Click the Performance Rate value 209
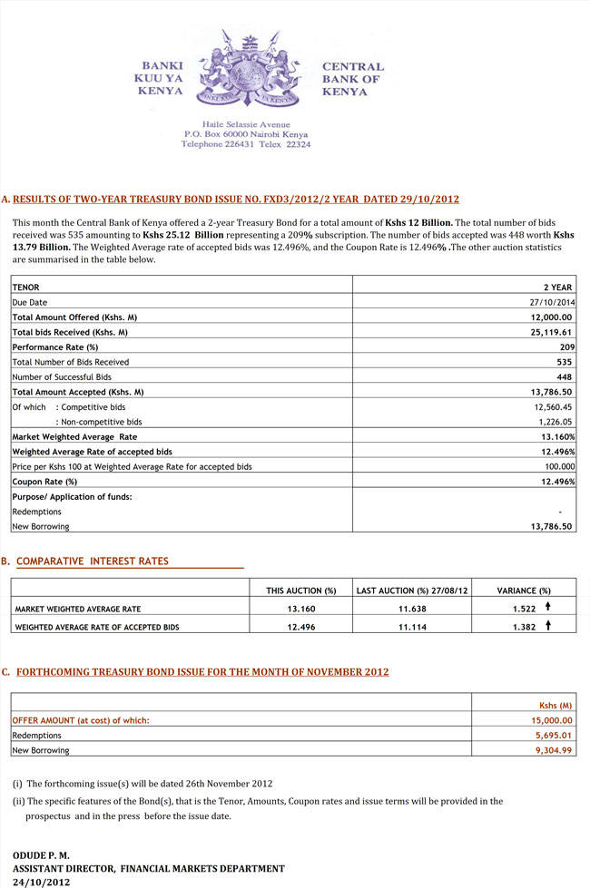tap(566, 347)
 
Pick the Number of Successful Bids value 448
tap(565, 376)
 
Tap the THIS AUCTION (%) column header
tap(300, 590)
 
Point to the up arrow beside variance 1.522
tap(547, 608)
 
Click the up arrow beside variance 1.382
tap(547, 627)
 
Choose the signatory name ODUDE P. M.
tap(41, 855)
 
